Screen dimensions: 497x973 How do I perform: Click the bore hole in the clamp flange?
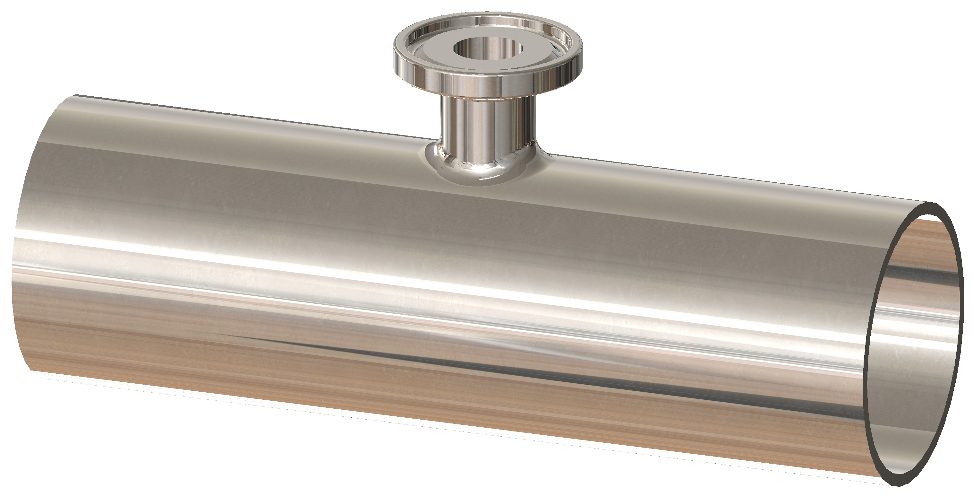pyautogui.click(x=487, y=49)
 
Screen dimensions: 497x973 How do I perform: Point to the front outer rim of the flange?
pyautogui.click(x=487, y=85)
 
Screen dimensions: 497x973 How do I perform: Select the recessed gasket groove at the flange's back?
pyautogui.click(x=487, y=23)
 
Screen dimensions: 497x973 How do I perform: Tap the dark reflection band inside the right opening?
pyautogui.click(x=922, y=280)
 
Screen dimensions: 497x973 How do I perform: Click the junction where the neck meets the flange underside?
pyautogui.click(x=487, y=99)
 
